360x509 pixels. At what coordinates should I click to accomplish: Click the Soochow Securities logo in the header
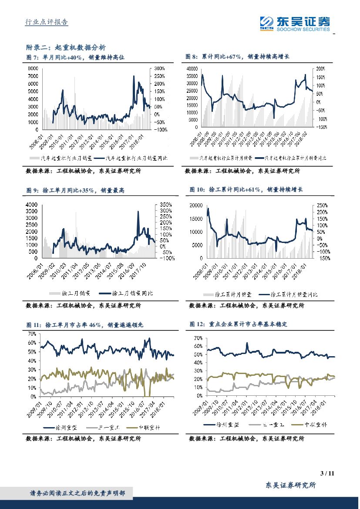coord(295,23)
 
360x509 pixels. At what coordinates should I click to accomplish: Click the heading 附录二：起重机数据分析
coord(66,47)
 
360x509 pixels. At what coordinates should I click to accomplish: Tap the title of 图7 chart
coord(75,57)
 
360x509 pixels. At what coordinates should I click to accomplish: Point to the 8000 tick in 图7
coord(33,69)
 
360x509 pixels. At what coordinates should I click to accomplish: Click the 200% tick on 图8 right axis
coord(321,69)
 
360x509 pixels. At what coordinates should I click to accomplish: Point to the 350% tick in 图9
coord(166,205)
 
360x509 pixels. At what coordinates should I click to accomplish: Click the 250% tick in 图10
coord(322,205)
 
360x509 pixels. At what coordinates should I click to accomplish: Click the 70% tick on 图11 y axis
coord(32,334)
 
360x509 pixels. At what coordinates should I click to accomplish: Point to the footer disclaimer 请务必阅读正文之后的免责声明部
coord(77,493)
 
